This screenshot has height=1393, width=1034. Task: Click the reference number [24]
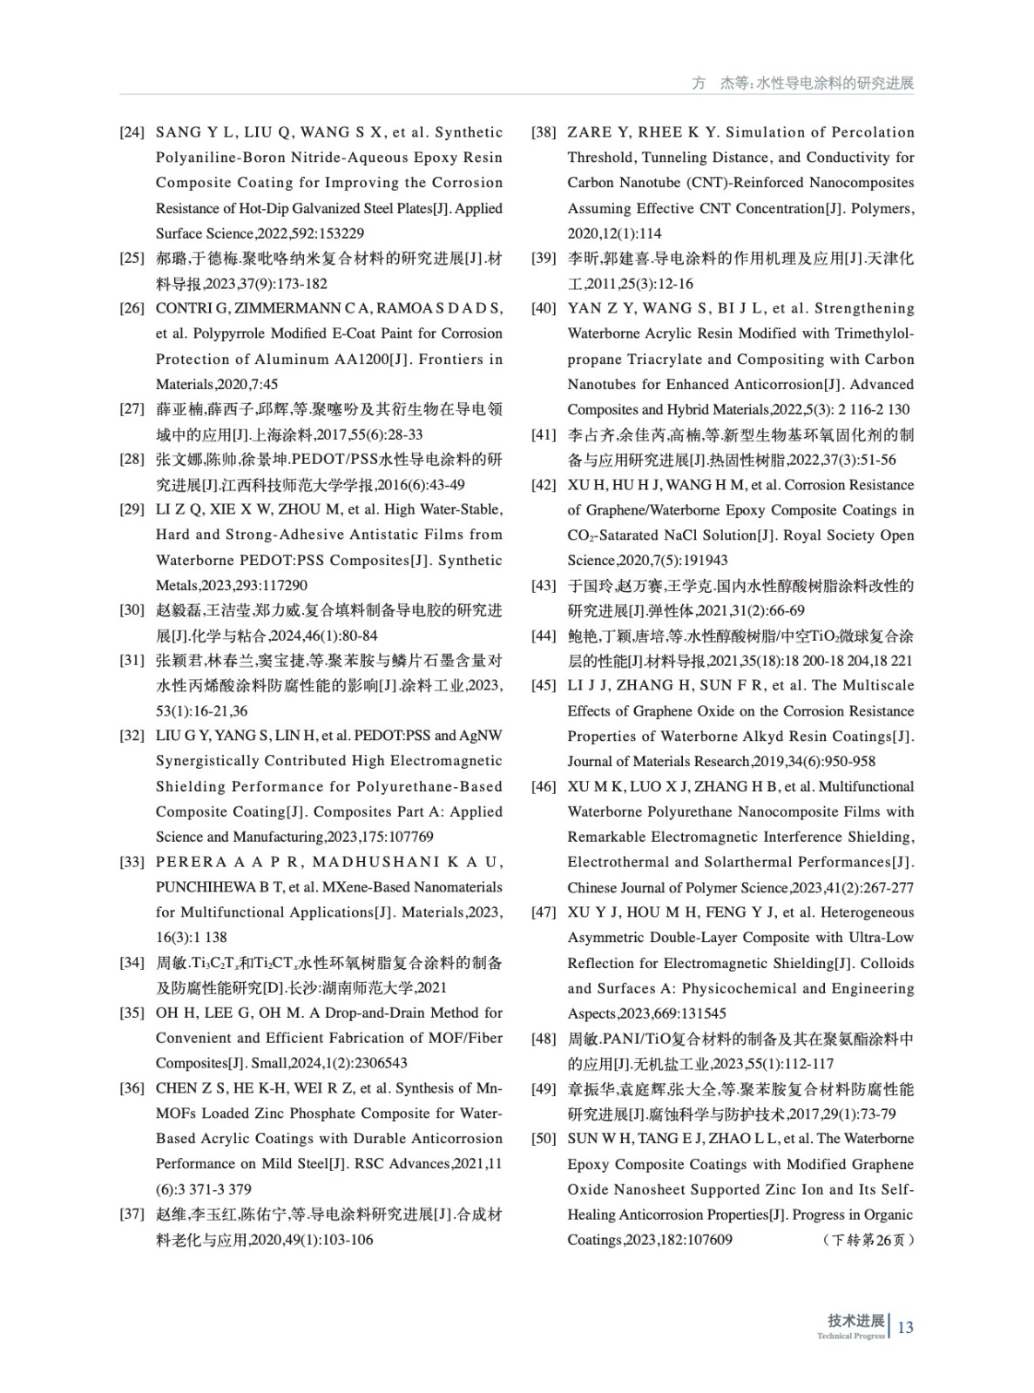click(x=132, y=132)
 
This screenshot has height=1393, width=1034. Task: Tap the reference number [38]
click(x=544, y=132)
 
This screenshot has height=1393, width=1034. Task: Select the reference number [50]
click(x=544, y=1139)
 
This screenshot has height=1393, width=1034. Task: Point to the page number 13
click(x=905, y=1327)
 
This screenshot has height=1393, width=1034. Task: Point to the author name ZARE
click(x=589, y=132)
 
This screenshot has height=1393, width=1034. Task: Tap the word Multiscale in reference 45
click(x=879, y=685)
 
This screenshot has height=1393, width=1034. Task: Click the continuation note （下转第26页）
click(x=868, y=1240)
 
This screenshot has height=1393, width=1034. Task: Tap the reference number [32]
click(x=132, y=736)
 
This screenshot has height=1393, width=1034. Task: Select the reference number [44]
click(x=544, y=636)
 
